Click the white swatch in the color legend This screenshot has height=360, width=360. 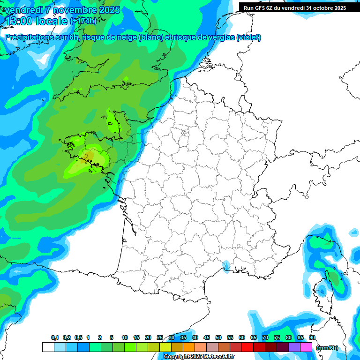pyautogui.click(x=48, y=347)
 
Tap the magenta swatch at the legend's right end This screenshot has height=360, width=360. pyautogui.click(x=306, y=347)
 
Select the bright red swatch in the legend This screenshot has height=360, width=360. pyautogui.click(x=247, y=347)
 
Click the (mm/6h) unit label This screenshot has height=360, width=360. pyautogui.click(x=327, y=348)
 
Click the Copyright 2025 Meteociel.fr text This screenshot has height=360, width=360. pyautogui.click(x=199, y=357)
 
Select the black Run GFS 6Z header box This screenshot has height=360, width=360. pyautogui.click(x=295, y=7)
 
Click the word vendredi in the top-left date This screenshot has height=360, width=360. pyautogui.click(x=17, y=10)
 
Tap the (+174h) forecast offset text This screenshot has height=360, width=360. pyautogui.click(x=83, y=21)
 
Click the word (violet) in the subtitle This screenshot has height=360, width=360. pyautogui.click(x=249, y=37)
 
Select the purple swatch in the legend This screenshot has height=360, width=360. pyautogui.click(x=294, y=347)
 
